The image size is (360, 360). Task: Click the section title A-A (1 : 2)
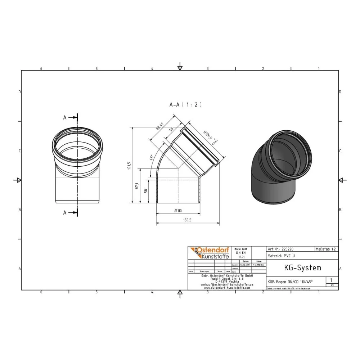tap(185, 105)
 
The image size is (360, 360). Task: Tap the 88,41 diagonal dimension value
tap(160, 126)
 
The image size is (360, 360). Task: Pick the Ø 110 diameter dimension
tap(178, 211)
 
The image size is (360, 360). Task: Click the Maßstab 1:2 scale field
tap(326, 249)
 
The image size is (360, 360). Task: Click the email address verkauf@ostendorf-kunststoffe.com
tap(226, 284)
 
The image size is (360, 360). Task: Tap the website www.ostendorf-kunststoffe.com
tap(226, 288)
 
